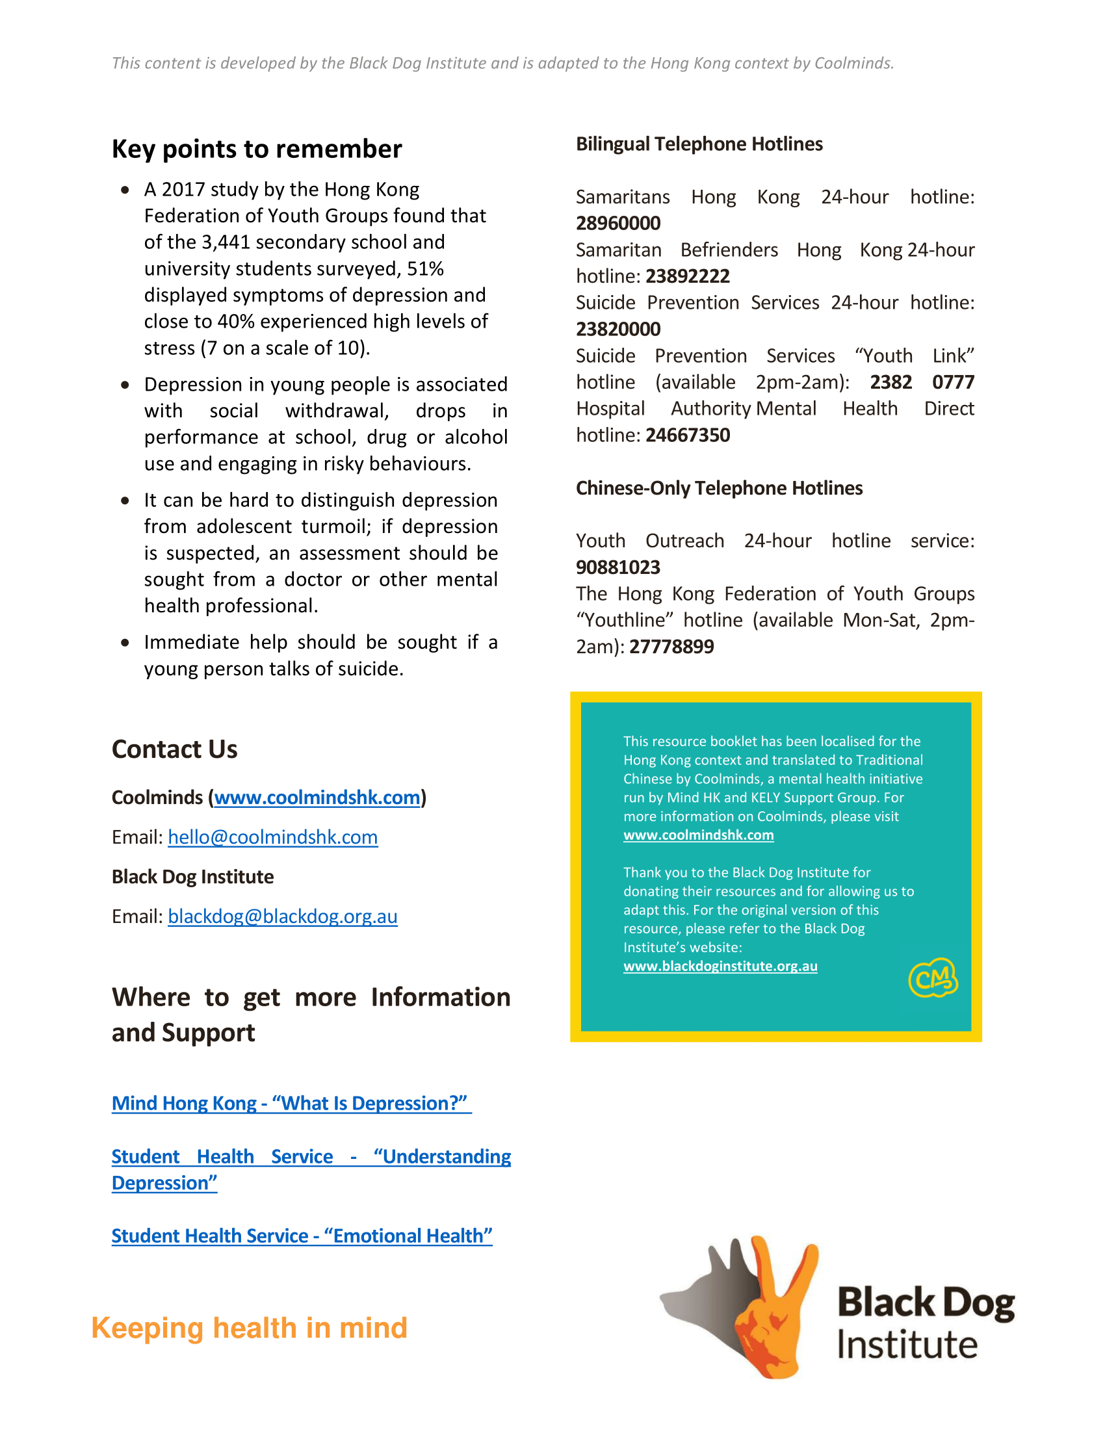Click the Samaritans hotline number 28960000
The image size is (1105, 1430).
click(618, 223)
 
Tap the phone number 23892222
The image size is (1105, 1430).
click(687, 276)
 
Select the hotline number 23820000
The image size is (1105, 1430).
click(618, 330)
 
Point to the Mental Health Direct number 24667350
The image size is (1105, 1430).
click(687, 435)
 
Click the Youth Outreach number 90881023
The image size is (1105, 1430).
click(618, 567)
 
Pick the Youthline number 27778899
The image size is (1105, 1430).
click(671, 647)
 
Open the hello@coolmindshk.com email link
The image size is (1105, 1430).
click(272, 837)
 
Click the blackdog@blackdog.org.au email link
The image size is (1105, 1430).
click(282, 916)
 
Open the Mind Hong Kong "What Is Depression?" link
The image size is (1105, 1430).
click(291, 1103)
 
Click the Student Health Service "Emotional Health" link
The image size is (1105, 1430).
click(302, 1236)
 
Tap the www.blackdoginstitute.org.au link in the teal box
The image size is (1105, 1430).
click(720, 967)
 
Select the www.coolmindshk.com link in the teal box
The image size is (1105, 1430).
click(699, 835)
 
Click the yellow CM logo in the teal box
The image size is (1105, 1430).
click(933, 979)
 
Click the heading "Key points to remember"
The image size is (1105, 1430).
click(257, 149)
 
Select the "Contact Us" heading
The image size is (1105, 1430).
click(174, 749)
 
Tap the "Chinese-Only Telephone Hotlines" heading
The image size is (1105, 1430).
click(719, 488)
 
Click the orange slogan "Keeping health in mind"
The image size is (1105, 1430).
click(250, 1328)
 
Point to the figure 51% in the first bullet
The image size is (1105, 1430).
click(426, 269)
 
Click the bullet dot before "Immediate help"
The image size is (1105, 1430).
click(125, 643)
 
